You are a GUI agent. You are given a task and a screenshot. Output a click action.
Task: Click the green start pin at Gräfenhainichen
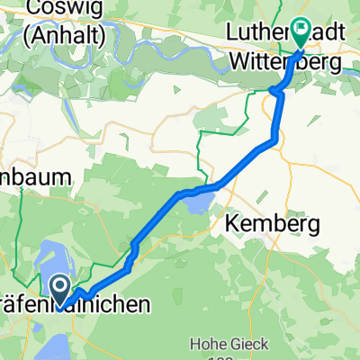click(x=60, y=289)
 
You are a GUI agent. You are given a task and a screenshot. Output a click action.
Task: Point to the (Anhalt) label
click(x=64, y=38)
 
